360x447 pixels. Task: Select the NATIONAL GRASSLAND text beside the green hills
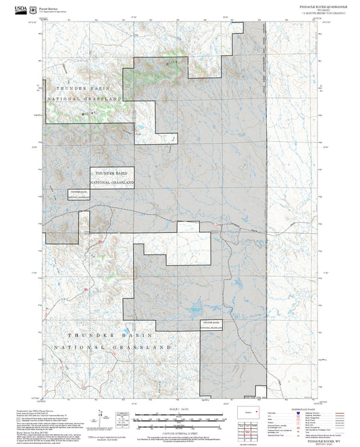point(84,99)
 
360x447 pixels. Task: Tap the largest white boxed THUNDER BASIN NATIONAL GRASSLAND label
point(113,177)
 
